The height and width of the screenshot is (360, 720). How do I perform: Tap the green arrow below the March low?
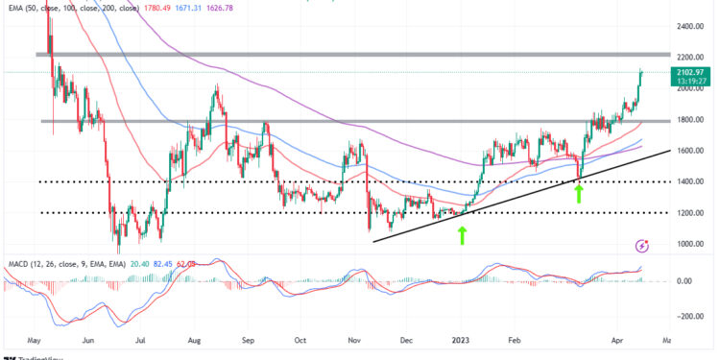[x=578, y=192]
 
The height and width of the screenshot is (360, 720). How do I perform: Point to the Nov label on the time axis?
[x=353, y=340]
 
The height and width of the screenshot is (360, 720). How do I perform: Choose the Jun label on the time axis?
[x=89, y=340]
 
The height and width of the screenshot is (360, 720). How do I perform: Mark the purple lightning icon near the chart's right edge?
[x=641, y=246]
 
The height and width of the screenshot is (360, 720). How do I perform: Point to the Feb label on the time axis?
[x=517, y=340]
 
